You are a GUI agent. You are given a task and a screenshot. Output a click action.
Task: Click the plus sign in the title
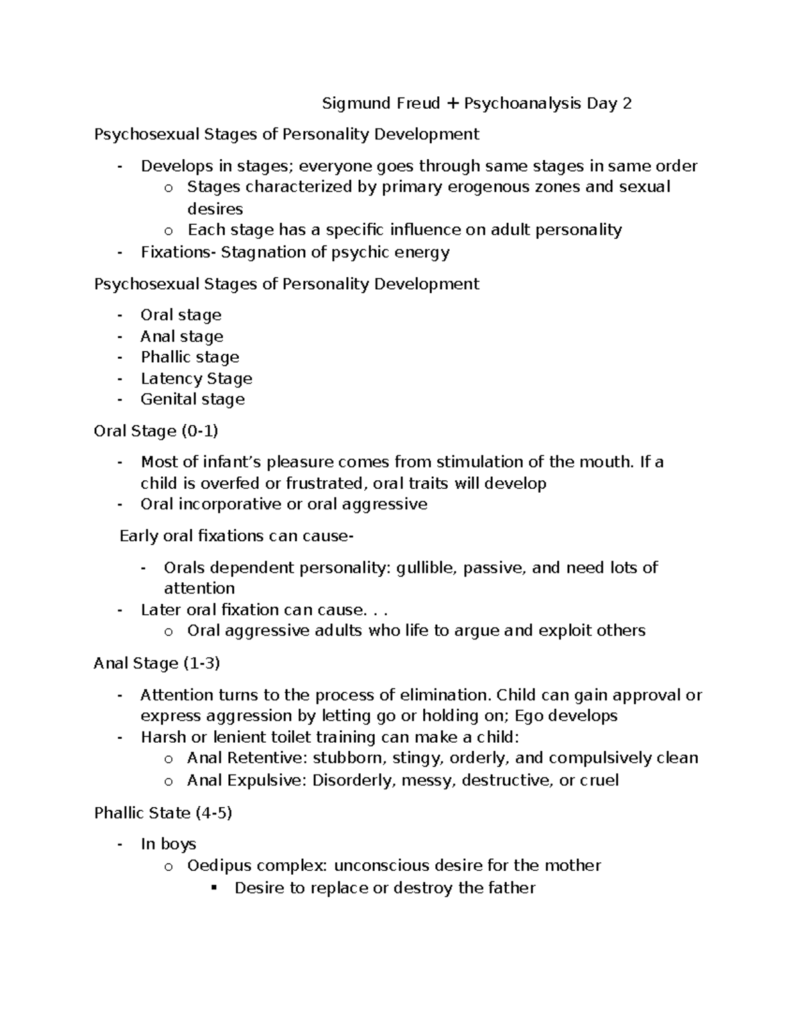[452, 103]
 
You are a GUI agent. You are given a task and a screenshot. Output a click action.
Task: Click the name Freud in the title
[419, 103]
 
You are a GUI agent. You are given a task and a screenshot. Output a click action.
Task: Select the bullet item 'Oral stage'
[180, 315]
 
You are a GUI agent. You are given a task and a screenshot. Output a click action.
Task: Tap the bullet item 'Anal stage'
[182, 336]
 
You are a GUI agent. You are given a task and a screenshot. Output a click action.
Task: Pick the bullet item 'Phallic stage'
[190, 357]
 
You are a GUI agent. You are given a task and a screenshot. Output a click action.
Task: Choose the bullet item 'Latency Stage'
[196, 379]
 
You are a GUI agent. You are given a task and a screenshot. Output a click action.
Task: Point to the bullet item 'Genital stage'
[192, 399]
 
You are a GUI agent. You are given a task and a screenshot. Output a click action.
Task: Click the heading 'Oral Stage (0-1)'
[156, 431]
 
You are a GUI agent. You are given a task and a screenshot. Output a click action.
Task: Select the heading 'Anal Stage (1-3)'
[157, 663]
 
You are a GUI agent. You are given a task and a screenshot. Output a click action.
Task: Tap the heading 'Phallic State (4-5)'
[163, 812]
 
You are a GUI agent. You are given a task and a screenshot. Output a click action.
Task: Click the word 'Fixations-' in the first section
[178, 252]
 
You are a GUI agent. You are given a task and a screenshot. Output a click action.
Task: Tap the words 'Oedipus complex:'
[257, 866]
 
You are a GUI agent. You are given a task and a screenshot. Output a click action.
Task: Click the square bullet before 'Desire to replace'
[214, 888]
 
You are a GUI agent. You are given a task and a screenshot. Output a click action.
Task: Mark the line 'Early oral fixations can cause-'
[236, 536]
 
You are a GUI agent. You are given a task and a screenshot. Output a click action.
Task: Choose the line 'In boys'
[168, 844]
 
